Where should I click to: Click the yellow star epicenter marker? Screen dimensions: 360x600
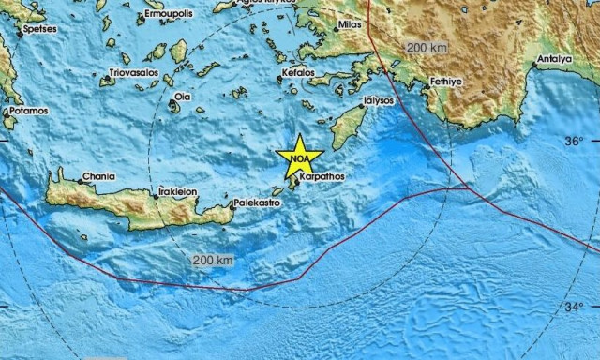click(x=299, y=156)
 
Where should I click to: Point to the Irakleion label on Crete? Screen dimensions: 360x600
click(x=176, y=191)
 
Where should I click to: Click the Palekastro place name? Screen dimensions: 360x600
click(x=259, y=202)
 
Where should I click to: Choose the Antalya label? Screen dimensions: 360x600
click(x=553, y=59)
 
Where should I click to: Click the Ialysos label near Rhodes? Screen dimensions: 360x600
click(x=380, y=99)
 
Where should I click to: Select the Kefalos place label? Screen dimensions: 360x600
click(x=295, y=72)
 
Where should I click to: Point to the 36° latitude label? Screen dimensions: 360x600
click(x=574, y=141)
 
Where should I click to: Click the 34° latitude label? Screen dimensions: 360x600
click(x=574, y=307)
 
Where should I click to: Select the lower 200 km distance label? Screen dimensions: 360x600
click(x=210, y=259)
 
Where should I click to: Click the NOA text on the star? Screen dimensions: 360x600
click(x=299, y=159)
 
